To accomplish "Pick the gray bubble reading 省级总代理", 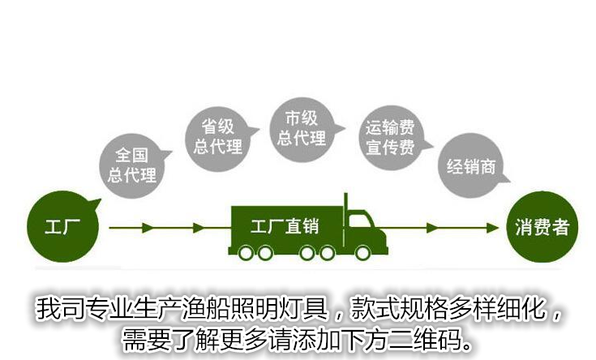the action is point(217,135).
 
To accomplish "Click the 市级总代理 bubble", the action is point(300,127).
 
